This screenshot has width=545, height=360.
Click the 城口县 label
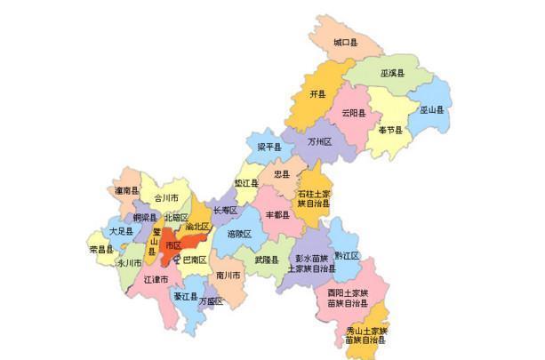[345, 42]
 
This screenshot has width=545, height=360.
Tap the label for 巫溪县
[393, 73]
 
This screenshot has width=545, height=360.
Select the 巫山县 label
[431, 110]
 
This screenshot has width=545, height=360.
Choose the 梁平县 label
[269, 147]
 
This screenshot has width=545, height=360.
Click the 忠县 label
[282, 174]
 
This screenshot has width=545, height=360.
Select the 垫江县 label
[246, 182]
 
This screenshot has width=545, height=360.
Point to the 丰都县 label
[277, 214]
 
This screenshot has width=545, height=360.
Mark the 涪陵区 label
[239, 234]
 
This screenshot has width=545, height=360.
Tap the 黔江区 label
[348, 255]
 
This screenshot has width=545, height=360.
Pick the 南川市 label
[228, 276]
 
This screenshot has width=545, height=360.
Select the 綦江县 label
[185, 296]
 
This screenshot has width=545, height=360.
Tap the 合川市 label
[166, 198]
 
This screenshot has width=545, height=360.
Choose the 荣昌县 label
[100, 250]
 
